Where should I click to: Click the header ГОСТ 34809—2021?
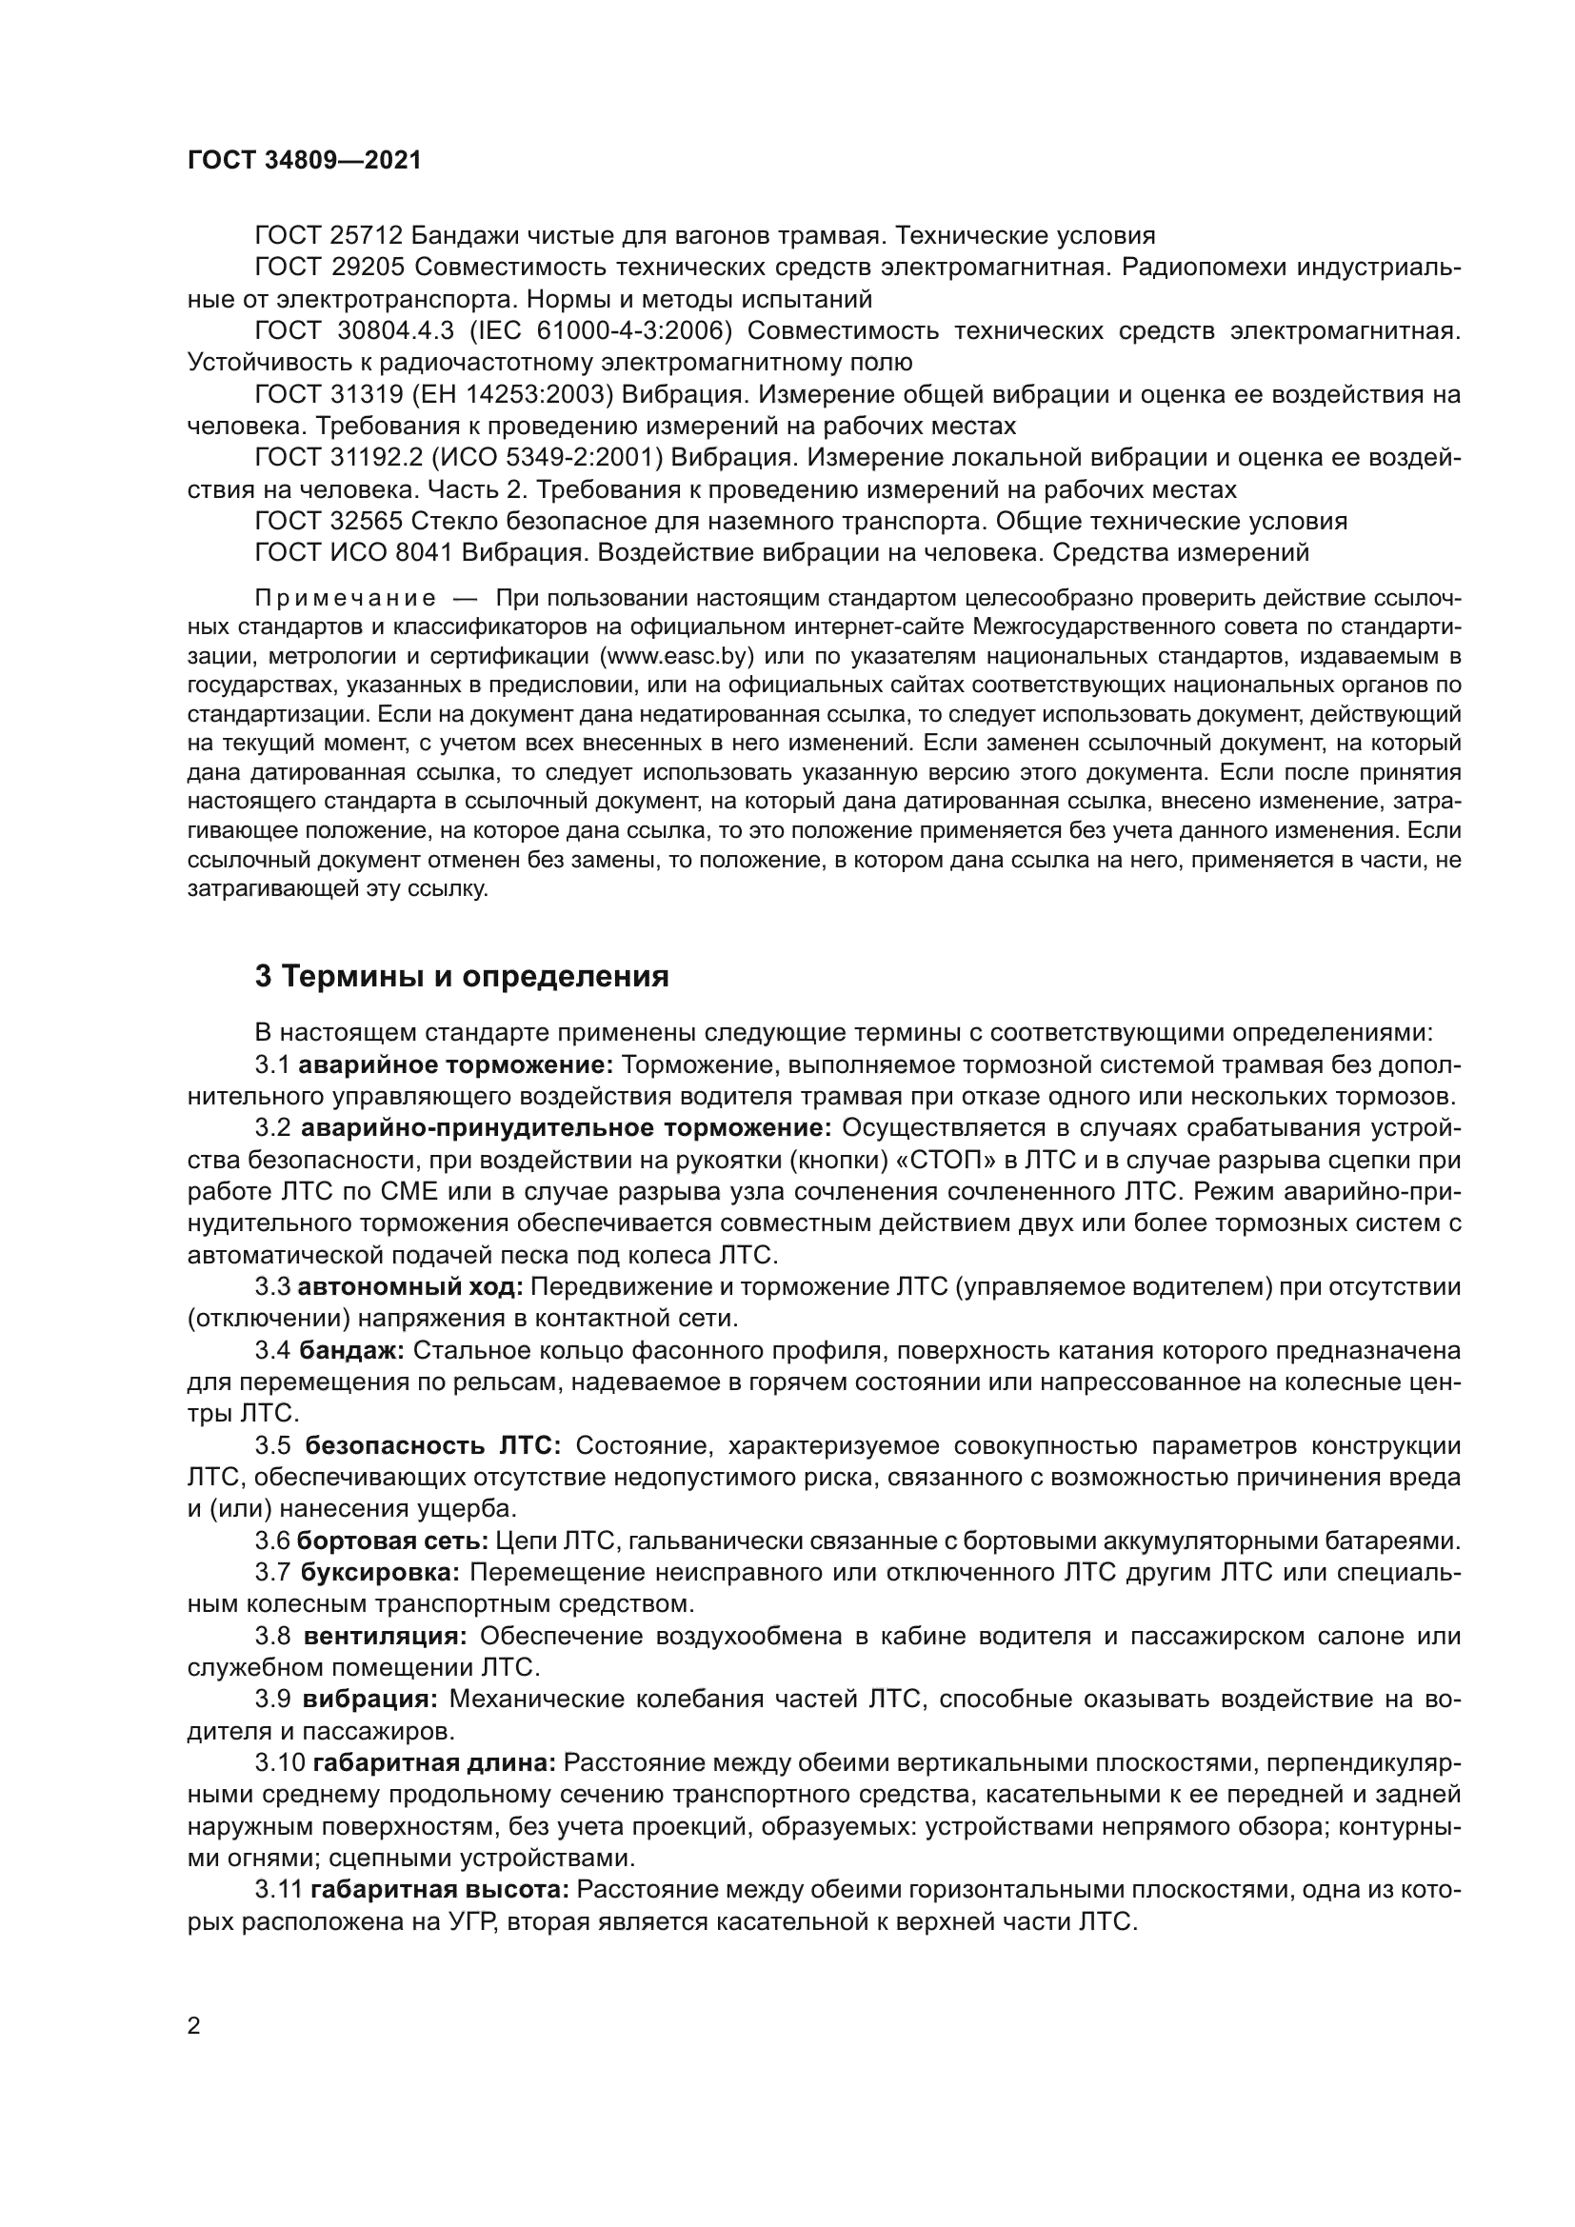[x=305, y=161]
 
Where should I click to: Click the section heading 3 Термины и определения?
[x=462, y=977]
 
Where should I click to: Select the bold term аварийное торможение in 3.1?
[x=455, y=1066]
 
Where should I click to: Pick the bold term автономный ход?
[x=410, y=1288]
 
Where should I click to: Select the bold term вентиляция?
[x=385, y=1637]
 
